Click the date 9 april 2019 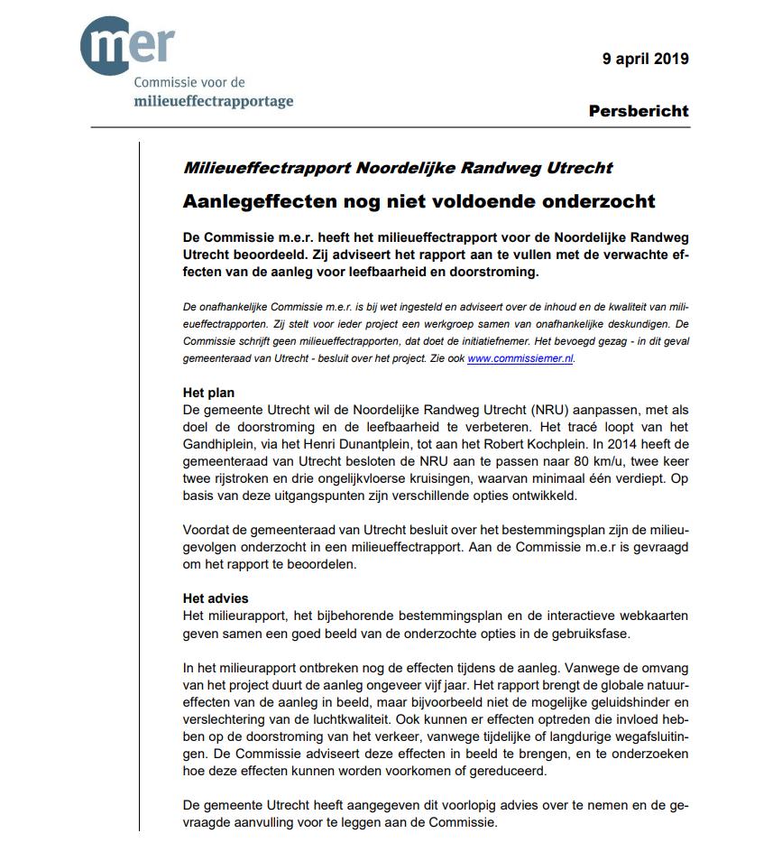tap(646, 59)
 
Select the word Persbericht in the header tap(639, 111)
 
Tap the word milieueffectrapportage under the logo tap(213, 100)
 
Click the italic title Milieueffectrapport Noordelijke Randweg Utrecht tap(398, 168)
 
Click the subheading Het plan tap(208, 393)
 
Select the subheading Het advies tap(216, 597)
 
